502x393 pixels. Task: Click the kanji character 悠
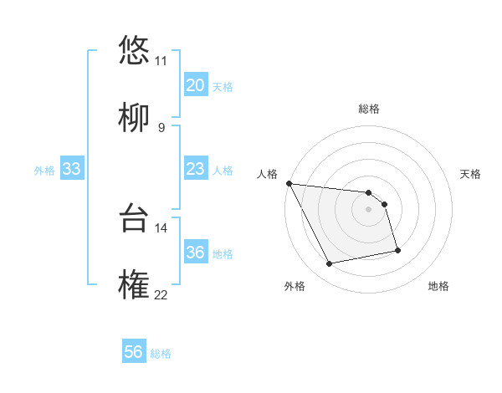(134, 49)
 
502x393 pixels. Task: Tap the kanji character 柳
(134, 117)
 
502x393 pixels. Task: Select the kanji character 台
(134, 217)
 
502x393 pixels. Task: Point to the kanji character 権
(134, 285)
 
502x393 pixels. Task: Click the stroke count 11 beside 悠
(161, 60)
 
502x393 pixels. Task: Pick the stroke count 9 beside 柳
(161, 127)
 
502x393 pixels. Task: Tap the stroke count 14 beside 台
(161, 227)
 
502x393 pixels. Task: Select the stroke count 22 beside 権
(161, 295)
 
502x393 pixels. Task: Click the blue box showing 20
(195, 85)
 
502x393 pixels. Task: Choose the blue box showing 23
(195, 169)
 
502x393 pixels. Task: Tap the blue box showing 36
(195, 253)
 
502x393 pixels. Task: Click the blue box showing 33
(71, 169)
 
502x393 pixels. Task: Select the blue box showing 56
(134, 352)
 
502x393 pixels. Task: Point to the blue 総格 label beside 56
(161, 354)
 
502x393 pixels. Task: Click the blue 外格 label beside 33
(44, 171)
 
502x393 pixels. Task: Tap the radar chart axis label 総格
(368, 109)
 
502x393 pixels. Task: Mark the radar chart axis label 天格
(470, 174)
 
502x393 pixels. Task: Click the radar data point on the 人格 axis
(289, 183)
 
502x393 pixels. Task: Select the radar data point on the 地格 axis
(397, 250)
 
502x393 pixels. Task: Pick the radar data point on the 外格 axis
(330, 264)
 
